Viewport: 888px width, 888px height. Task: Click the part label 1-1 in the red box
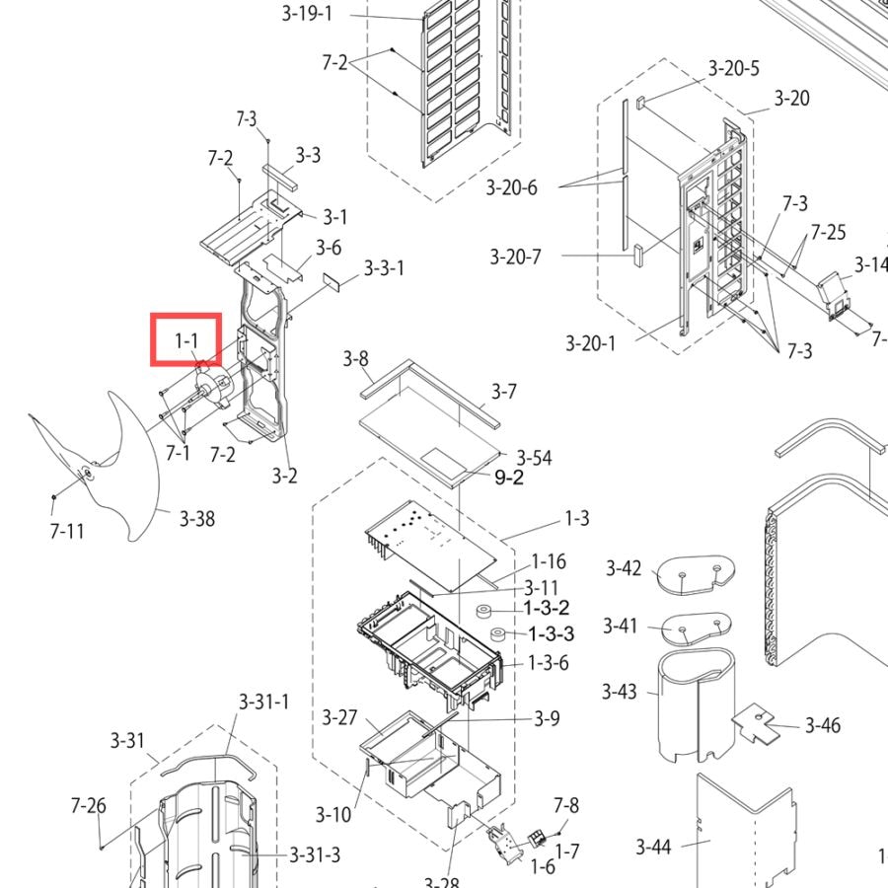click(x=186, y=341)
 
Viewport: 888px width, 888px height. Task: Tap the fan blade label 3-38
click(x=197, y=519)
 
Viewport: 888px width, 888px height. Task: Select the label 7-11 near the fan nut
click(x=67, y=532)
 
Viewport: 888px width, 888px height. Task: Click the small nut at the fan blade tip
click(x=54, y=497)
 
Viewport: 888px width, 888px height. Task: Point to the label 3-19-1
click(x=307, y=13)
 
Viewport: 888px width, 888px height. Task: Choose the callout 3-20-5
click(x=733, y=68)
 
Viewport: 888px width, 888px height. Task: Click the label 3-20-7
click(x=515, y=258)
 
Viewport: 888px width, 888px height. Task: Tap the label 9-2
click(x=509, y=478)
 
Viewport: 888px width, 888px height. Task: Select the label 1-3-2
click(x=547, y=608)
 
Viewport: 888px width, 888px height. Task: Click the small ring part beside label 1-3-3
click(x=498, y=633)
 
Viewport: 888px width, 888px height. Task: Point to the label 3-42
click(x=624, y=568)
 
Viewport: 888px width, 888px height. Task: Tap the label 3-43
click(x=619, y=692)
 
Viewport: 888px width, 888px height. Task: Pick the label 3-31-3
click(x=315, y=854)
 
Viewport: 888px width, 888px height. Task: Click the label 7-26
click(x=89, y=805)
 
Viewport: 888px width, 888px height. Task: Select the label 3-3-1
click(x=384, y=267)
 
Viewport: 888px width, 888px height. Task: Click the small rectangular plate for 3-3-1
click(x=332, y=281)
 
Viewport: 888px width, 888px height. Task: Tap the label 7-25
click(x=828, y=232)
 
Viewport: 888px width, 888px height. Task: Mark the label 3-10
click(x=333, y=815)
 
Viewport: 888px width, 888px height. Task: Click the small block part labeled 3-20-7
click(x=638, y=255)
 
